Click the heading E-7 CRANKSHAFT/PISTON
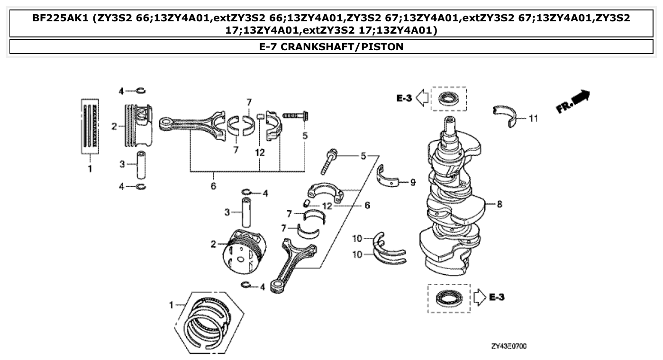331,46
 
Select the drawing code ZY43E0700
509,346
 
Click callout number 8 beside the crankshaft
499,205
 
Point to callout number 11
533,118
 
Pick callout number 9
412,181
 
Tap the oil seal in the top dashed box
448,99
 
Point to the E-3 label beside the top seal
404,99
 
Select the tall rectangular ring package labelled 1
90,127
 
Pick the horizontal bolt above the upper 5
295,115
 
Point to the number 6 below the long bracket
213,186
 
